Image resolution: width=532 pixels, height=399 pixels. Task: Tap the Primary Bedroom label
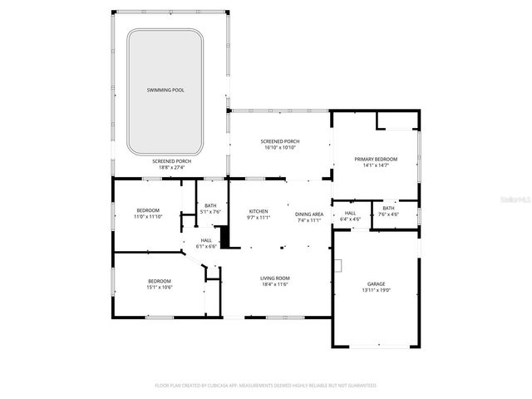[x=376, y=159]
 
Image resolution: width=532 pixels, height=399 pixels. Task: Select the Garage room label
[x=376, y=283]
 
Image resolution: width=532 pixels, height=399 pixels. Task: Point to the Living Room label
[x=274, y=278]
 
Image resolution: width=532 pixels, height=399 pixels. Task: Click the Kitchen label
[x=259, y=212]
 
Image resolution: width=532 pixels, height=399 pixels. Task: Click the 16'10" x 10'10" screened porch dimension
[x=281, y=148]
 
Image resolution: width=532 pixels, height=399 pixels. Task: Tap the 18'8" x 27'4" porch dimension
[x=171, y=167]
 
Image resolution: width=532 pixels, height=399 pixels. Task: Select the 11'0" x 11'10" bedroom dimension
[x=148, y=217]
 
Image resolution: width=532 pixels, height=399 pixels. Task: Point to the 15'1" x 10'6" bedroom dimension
[x=159, y=288]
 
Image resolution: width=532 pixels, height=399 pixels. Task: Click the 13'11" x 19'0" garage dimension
[x=376, y=291]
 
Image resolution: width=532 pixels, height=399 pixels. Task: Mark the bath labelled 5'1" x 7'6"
[x=210, y=212]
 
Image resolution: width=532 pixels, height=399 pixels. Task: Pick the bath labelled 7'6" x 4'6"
[x=388, y=214]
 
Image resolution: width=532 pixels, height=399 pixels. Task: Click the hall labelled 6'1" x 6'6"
[x=205, y=246]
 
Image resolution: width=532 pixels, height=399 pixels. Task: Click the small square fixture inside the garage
[x=338, y=266]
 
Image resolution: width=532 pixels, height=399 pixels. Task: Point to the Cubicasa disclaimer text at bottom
[x=266, y=386]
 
